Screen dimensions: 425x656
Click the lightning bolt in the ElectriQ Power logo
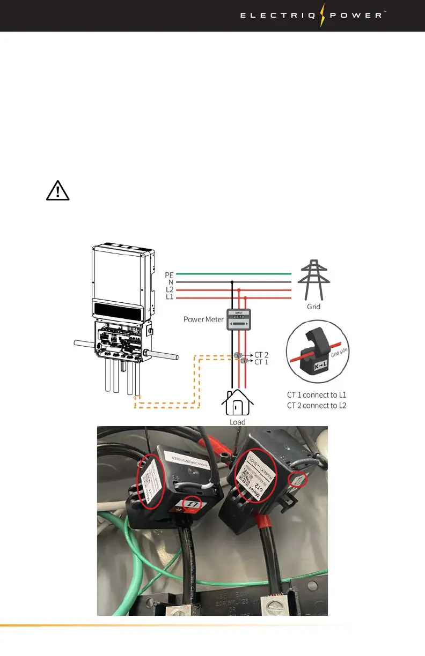pyautogui.click(x=323, y=15)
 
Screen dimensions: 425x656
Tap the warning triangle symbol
pyautogui.click(x=58, y=191)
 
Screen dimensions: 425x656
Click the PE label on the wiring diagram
pyautogui.click(x=170, y=275)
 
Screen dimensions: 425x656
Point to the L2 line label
pyautogui.click(x=170, y=290)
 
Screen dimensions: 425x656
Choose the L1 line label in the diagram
pyautogui.click(x=170, y=297)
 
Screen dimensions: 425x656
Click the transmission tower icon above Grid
pyautogui.click(x=313, y=279)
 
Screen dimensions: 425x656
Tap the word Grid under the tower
pyautogui.click(x=313, y=307)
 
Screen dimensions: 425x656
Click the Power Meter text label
pyautogui.click(x=203, y=319)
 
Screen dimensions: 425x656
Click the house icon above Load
pyautogui.click(x=237, y=402)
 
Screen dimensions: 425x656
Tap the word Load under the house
pyautogui.click(x=237, y=422)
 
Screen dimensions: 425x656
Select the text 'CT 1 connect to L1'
pyautogui.click(x=317, y=395)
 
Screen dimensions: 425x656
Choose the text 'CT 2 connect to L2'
pyautogui.click(x=317, y=405)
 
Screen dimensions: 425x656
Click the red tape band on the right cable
pyautogui.click(x=265, y=518)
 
